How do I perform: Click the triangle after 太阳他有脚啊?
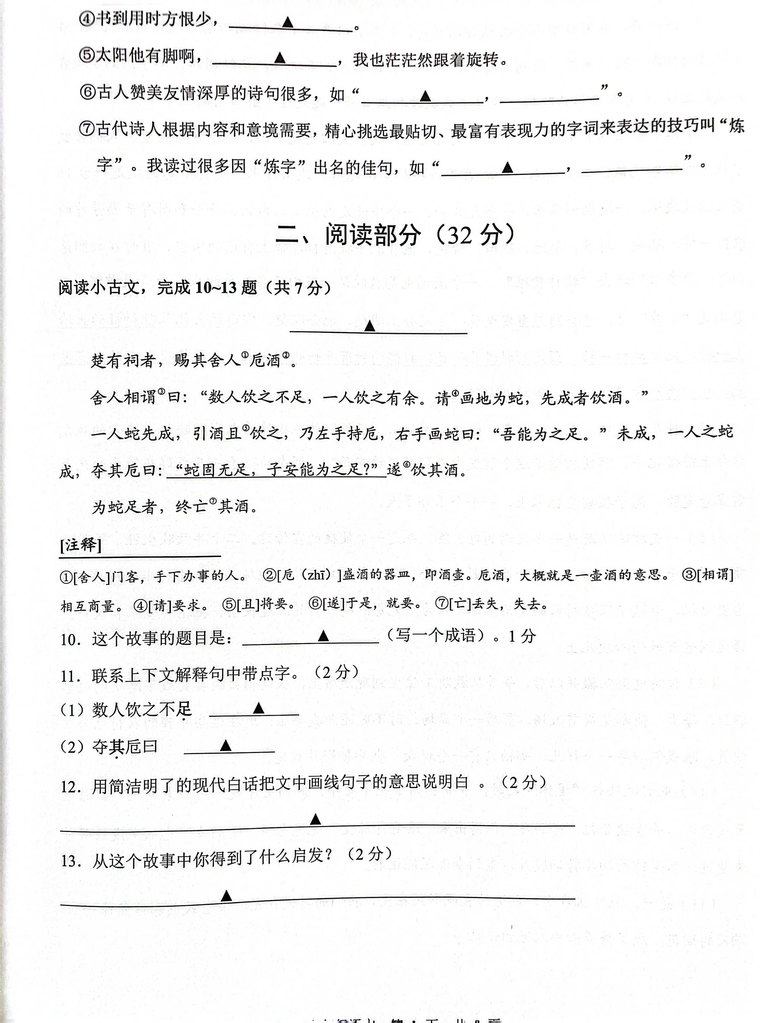pyautogui.click(x=279, y=58)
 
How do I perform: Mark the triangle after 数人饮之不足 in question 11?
pyautogui.click(x=259, y=708)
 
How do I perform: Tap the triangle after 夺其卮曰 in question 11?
pyautogui.click(x=225, y=745)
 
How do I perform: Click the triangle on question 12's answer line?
pyautogui.click(x=315, y=819)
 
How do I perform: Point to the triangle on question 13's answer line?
pyautogui.click(x=226, y=896)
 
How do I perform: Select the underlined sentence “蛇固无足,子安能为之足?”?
pyautogui.click(x=276, y=470)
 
